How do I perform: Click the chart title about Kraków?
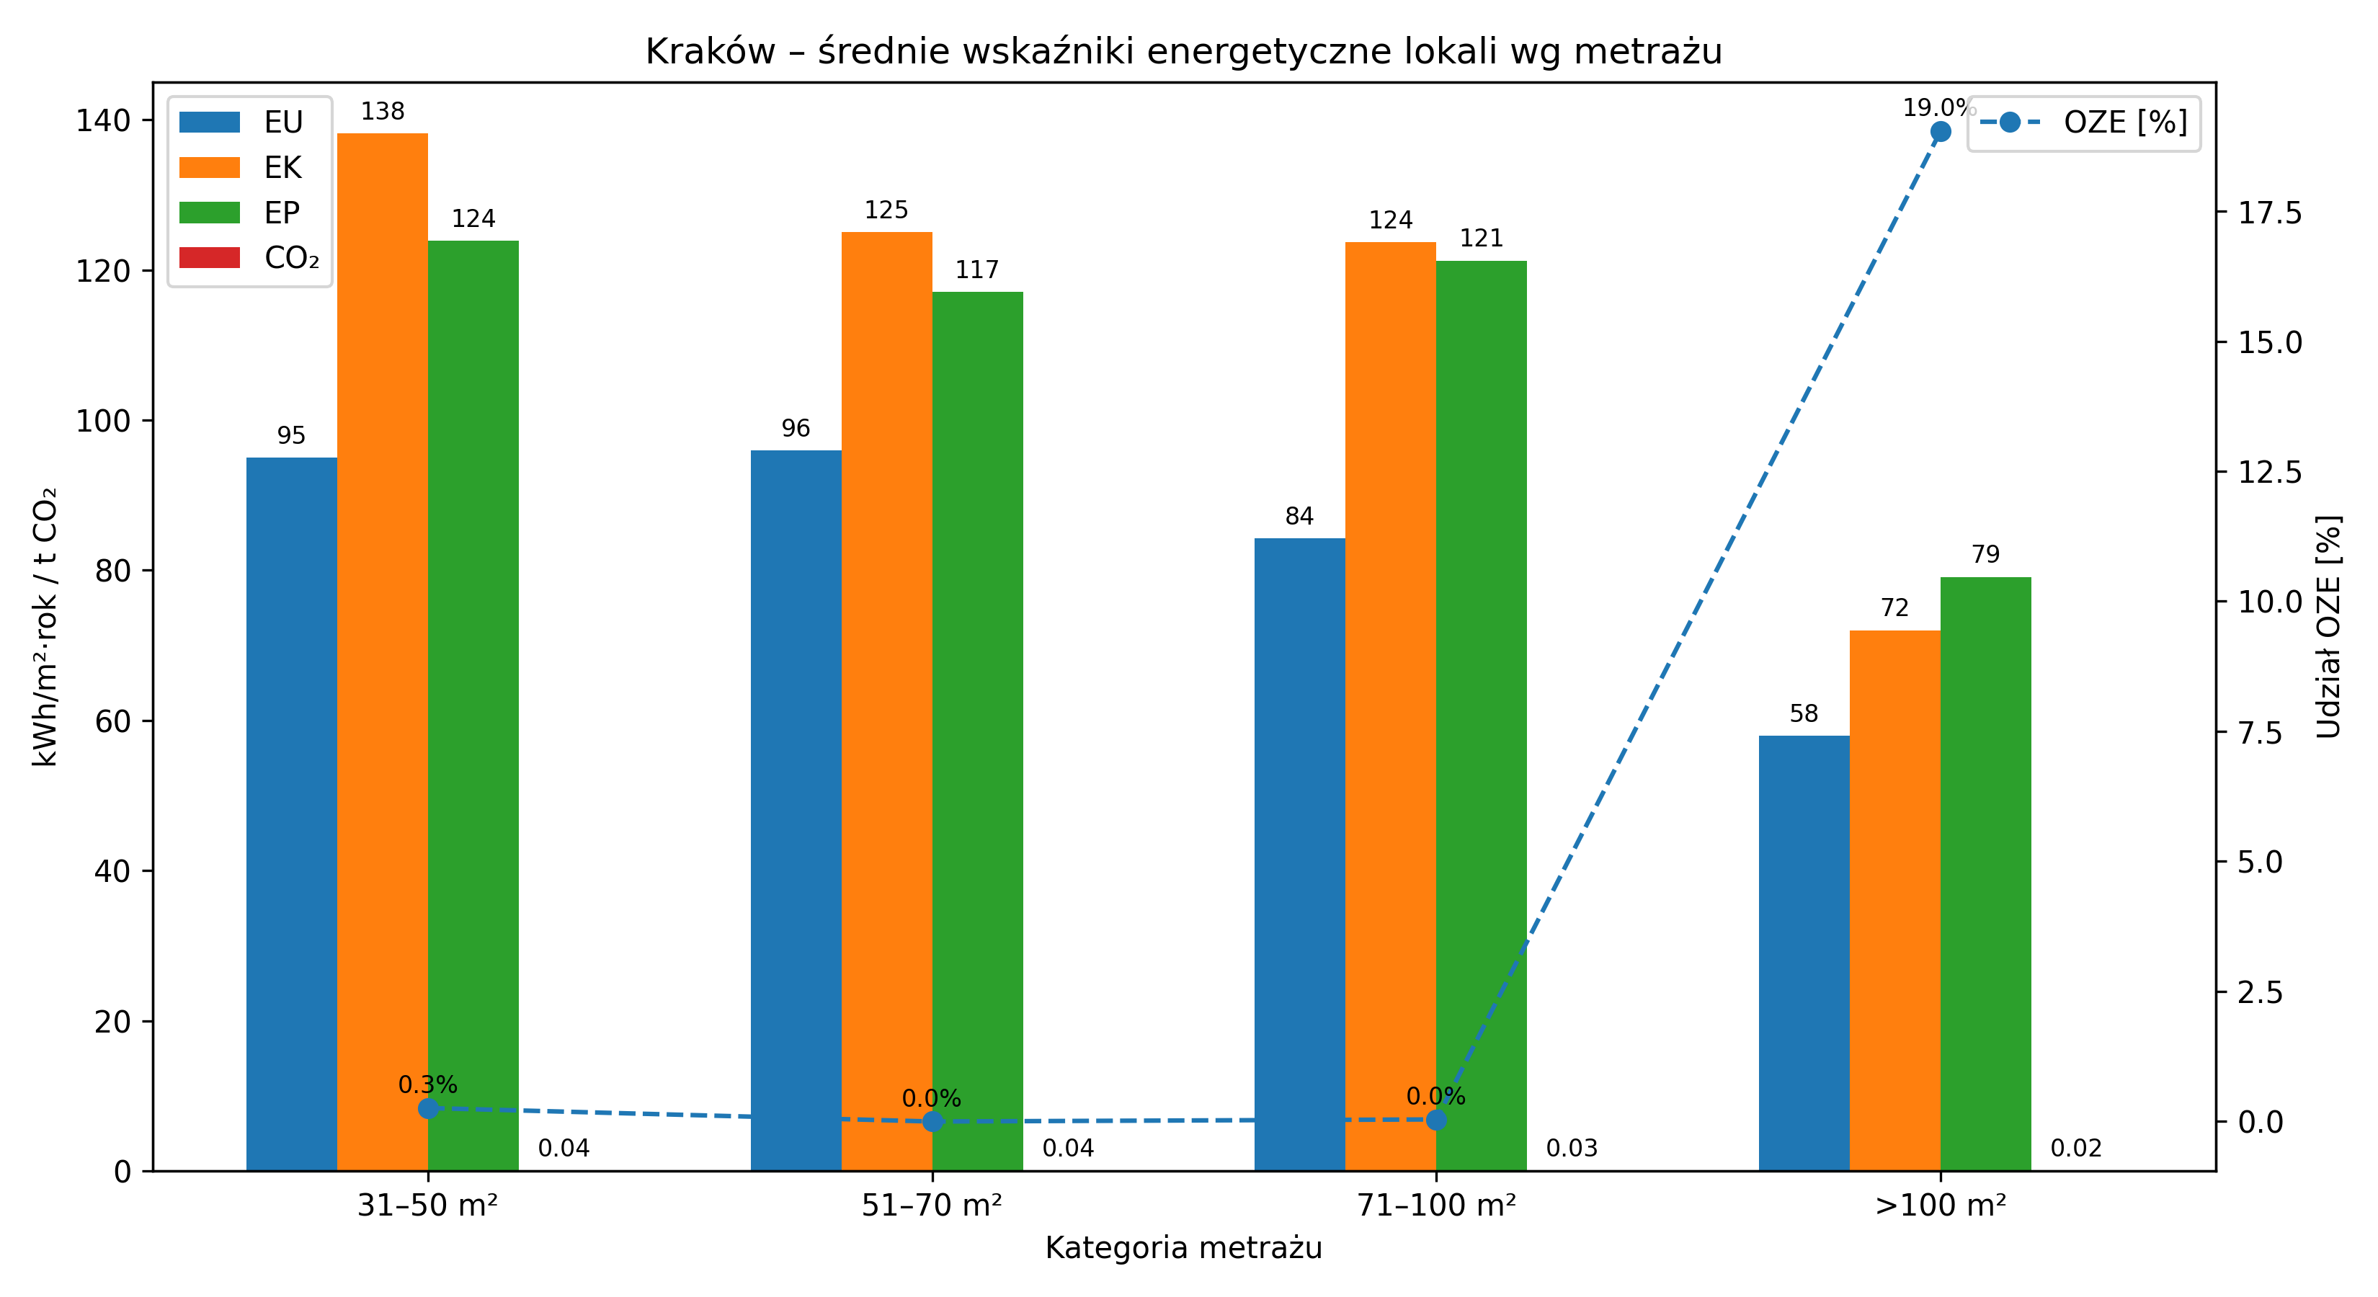[x=1183, y=52]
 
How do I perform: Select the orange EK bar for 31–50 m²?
[x=382, y=646]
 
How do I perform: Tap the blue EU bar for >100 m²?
[x=1804, y=951]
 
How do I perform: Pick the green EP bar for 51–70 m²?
[x=978, y=729]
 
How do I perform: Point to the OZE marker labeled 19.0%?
[x=1941, y=132]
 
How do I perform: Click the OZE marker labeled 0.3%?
[x=428, y=1107]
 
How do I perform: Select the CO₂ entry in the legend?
[x=249, y=257]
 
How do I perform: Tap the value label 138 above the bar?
[x=382, y=112]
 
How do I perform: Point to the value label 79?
[x=1986, y=555]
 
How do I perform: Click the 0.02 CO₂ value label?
[x=2076, y=1149]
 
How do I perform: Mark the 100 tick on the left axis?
[x=102, y=421]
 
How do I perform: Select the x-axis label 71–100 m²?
[x=1436, y=1205]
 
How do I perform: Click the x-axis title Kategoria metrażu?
[x=1183, y=1248]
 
